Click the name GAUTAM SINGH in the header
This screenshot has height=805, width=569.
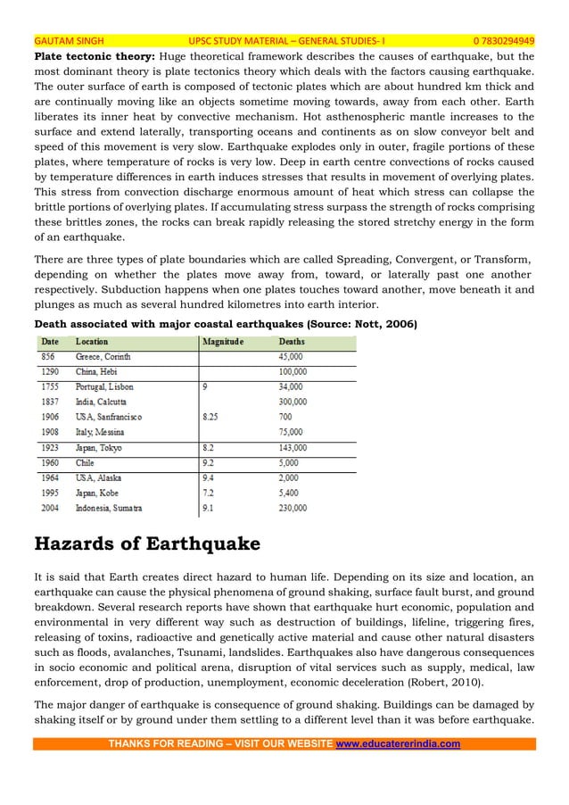click(x=69, y=40)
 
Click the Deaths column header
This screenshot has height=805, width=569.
click(x=291, y=341)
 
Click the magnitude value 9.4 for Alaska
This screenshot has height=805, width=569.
click(x=210, y=477)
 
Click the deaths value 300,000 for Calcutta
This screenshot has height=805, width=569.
click(x=293, y=402)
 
